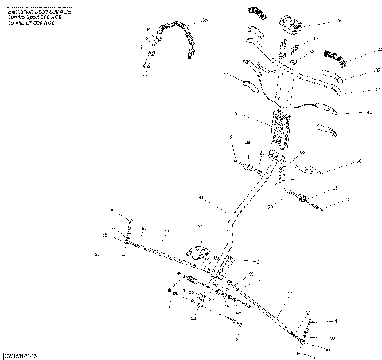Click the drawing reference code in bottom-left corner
[x=19, y=352]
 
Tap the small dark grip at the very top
[x=255, y=10]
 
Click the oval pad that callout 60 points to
[x=306, y=168]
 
